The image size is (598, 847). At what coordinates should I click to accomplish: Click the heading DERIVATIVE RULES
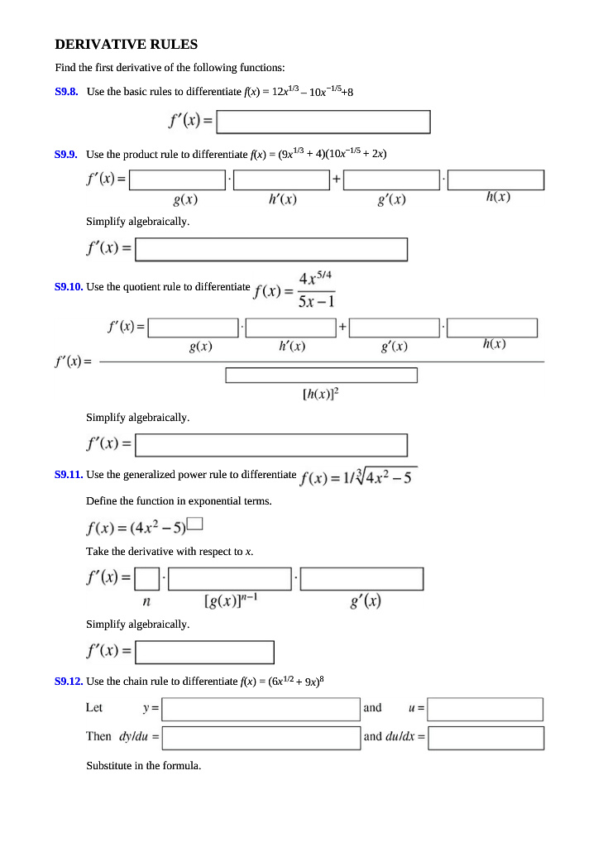pos(126,45)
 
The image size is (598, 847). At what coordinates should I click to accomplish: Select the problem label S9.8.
pos(66,92)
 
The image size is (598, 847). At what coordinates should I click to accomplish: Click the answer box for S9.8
pos(323,122)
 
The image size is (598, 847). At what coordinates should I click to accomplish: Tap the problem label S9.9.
pos(66,154)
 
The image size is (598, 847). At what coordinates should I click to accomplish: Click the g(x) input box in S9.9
pos(179,179)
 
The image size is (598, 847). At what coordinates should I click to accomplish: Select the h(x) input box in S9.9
pos(496,179)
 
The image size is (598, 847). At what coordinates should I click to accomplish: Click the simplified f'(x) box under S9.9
pos(271,250)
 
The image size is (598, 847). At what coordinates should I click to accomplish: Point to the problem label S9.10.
pos(68,287)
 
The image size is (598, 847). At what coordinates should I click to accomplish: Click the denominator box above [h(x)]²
pos(321,376)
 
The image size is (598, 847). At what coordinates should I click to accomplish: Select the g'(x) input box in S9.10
pos(395,328)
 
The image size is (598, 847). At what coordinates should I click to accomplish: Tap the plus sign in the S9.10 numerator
pos(342,328)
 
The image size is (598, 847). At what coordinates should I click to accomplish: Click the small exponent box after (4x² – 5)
pos(195,522)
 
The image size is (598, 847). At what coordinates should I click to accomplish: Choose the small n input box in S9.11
pos(147,578)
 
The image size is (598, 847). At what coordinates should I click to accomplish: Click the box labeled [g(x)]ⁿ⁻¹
pos(231,578)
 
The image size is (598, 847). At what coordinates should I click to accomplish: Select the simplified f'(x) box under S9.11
pos(204,653)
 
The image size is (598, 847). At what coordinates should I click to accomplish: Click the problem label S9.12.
pos(68,682)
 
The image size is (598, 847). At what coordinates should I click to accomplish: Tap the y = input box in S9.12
pos(261,709)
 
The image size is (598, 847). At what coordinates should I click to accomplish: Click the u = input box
pos(486,709)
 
